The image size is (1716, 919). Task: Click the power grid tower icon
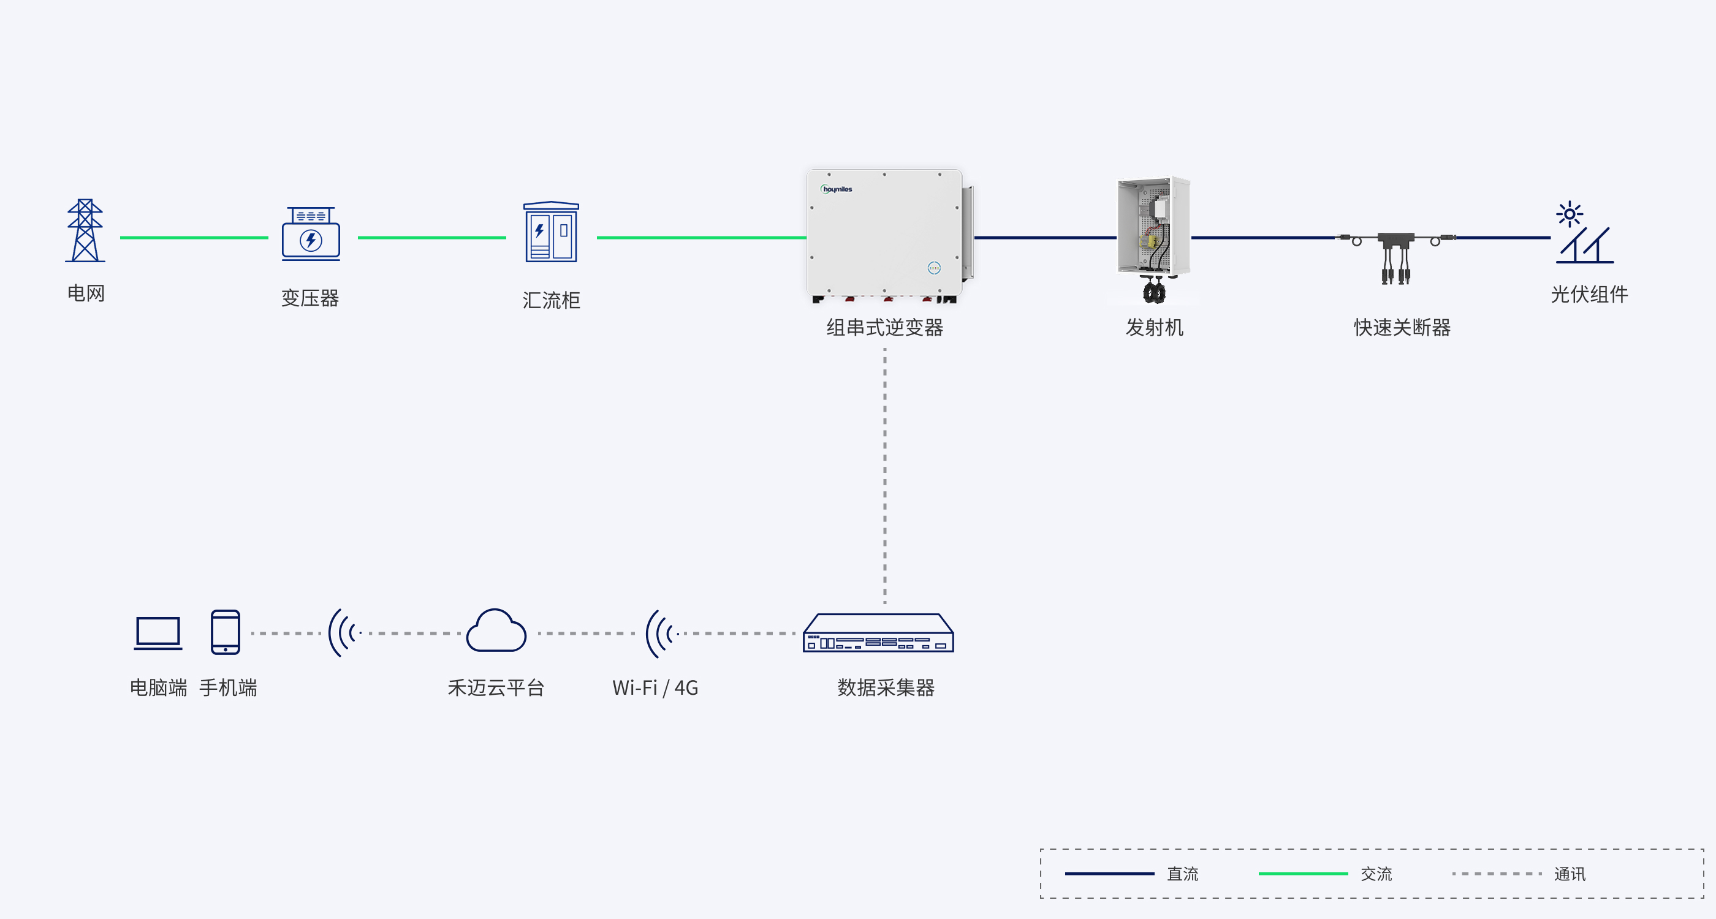point(85,230)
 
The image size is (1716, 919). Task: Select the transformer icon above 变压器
point(311,233)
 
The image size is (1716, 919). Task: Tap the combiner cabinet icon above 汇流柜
point(551,232)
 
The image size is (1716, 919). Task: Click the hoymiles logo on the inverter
point(837,189)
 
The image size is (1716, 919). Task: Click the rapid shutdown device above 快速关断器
point(1395,256)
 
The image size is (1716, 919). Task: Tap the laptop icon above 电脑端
point(158,633)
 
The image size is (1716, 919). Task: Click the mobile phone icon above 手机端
point(225,632)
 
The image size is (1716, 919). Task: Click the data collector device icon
point(878,633)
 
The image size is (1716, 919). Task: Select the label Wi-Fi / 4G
point(655,687)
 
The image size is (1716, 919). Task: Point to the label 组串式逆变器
point(884,327)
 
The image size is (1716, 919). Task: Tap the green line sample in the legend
point(1303,873)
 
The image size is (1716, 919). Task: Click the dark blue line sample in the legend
point(1109,873)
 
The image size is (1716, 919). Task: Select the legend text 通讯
point(1570,874)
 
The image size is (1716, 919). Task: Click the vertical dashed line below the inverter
point(884,475)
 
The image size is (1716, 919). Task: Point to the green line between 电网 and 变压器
point(194,237)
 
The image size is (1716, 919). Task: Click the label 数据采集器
point(886,687)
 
